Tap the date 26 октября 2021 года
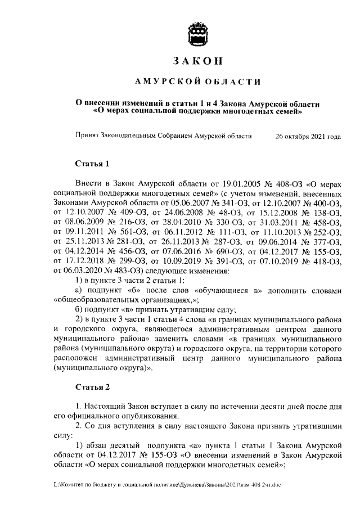point(308,137)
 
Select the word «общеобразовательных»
point(96,300)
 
